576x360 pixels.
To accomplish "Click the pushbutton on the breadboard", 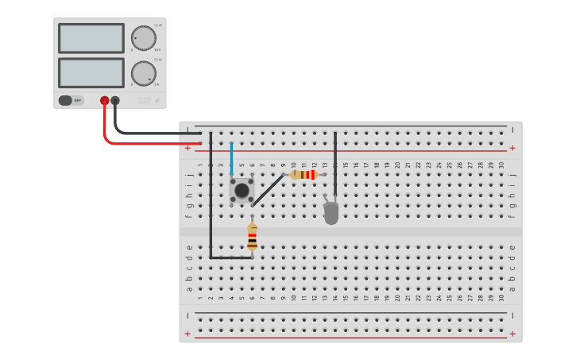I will pyautogui.click(x=242, y=190).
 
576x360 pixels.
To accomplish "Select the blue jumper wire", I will pyautogui.click(x=231, y=159).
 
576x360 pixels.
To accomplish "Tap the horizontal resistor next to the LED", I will pyautogui.click(x=303, y=175).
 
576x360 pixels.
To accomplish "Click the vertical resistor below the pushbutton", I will pyautogui.click(x=252, y=238).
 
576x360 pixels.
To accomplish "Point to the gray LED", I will pyautogui.click(x=331, y=212).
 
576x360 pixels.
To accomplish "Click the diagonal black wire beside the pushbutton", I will pyautogui.click(x=269, y=190).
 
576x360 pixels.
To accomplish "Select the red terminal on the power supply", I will pyautogui.click(x=104, y=101).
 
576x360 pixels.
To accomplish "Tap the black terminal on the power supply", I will pyautogui.click(x=115, y=101).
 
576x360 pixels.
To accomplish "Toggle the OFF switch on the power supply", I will pyautogui.click(x=71, y=101).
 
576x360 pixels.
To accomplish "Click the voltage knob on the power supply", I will pyautogui.click(x=143, y=38).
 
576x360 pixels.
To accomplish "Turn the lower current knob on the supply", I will pyautogui.click(x=143, y=73).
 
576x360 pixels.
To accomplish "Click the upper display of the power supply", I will pyautogui.click(x=91, y=38).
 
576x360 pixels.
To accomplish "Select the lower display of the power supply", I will pyautogui.click(x=91, y=73).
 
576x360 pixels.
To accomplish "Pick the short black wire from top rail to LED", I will pyautogui.click(x=335, y=159).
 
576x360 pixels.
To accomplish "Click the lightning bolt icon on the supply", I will pyautogui.click(x=157, y=101).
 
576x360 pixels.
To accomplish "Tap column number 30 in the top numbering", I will pyautogui.click(x=501, y=165).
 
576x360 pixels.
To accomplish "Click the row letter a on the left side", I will pyautogui.click(x=189, y=288).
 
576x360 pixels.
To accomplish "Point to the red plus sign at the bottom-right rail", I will pyautogui.click(x=512, y=334).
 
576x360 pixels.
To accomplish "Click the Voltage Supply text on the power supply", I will pyautogui.click(x=143, y=101).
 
